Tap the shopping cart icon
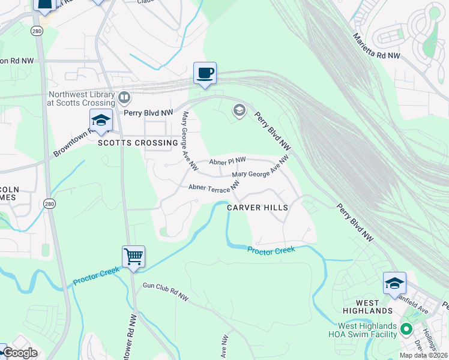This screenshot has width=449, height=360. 133,257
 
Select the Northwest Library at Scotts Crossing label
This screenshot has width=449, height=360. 81,98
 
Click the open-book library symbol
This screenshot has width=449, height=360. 124,96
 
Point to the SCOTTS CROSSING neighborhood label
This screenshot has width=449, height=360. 138,143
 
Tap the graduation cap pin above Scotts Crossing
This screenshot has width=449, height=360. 101,121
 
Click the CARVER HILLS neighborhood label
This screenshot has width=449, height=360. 258,208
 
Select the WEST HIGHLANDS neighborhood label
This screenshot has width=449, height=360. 367,307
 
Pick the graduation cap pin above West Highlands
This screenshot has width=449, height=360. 394,283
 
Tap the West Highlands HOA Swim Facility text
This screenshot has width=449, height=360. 363,331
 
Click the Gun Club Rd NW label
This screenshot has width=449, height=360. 165,292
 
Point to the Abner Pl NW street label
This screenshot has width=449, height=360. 228,161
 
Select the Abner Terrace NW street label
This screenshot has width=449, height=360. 209,188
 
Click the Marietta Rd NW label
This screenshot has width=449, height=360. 376,47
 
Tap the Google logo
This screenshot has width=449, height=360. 20,353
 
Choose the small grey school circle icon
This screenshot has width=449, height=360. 239,110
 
